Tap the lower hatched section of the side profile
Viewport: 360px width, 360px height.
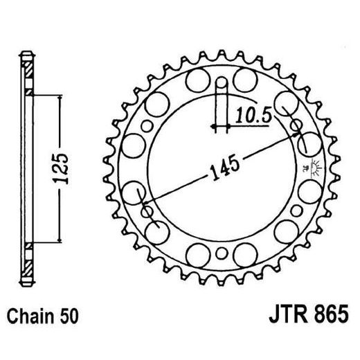pos(28,263)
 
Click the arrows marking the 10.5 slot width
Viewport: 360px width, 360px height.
pos(221,127)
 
